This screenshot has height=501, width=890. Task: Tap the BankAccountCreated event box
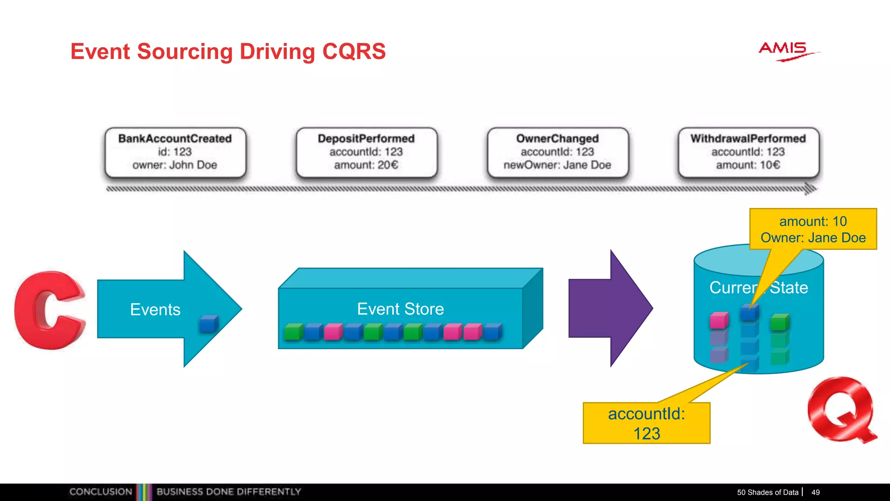[x=175, y=152]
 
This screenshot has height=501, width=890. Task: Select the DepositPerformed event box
[x=366, y=152]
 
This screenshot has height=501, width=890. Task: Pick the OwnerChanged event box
[x=558, y=152]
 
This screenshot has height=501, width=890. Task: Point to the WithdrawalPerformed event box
[x=748, y=152]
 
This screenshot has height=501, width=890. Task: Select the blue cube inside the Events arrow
[x=209, y=324]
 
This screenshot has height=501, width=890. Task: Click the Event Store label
[x=400, y=309]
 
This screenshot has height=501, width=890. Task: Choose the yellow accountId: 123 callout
[x=646, y=423]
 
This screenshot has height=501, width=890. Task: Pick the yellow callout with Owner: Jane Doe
[x=813, y=229]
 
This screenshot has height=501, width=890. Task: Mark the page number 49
[x=816, y=492]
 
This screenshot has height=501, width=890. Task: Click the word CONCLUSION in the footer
[x=101, y=492]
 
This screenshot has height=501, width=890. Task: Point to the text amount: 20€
[x=366, y=165]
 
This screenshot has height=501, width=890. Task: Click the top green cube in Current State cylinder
[x=780, y=322]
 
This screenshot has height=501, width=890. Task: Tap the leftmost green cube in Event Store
[x=293, y=332]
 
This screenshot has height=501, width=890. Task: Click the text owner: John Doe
[x=175, y=165]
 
